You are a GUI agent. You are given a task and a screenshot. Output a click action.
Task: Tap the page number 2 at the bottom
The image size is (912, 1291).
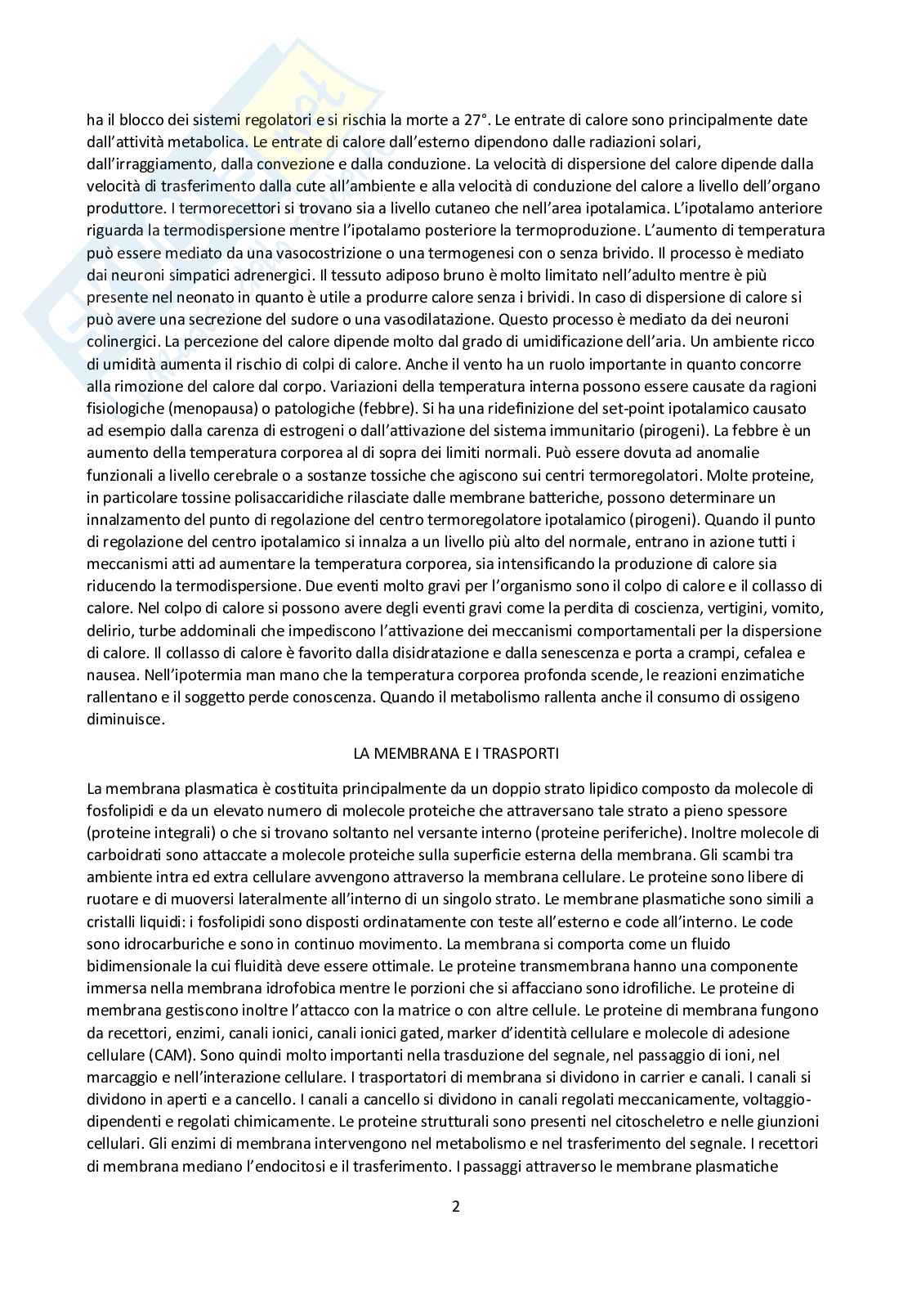pyautogui.click(x=456, y=1206)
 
